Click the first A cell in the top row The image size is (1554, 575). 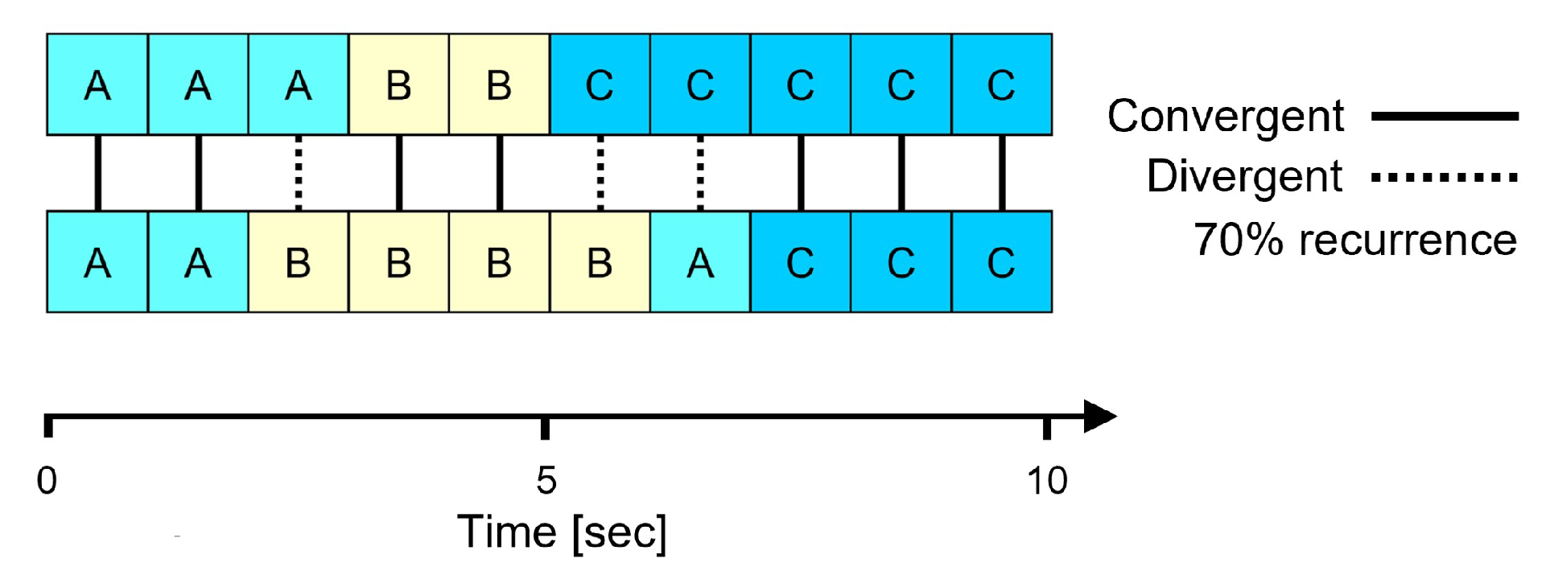coord(97,84)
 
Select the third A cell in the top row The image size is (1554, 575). coord(299,84)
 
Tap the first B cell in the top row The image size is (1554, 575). coord(399,84)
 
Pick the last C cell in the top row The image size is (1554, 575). coord(1002,84)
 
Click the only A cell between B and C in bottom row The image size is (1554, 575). coord(700,262)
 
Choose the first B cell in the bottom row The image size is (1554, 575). coord(299,262)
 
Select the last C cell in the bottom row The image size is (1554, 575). coord(1002,262)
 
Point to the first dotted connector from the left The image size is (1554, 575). coord(299,173)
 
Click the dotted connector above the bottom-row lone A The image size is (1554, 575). coord(700,173)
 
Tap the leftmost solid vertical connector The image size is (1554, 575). coord(98,173)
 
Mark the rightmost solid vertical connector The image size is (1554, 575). coord(1002,173)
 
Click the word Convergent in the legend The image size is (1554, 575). coord(1225,117)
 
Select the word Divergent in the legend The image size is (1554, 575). coord(1244,176)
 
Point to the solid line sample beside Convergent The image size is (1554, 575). coord(1445,117)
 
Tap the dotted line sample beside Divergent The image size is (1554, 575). coord(1445,177)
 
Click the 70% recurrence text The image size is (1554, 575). coord(1354,240)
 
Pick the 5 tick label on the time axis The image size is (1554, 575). coord(546,481)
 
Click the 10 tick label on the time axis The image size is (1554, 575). coord(1047,481)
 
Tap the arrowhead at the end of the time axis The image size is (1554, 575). coord(1099,417)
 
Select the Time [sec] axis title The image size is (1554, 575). coord(562,532)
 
